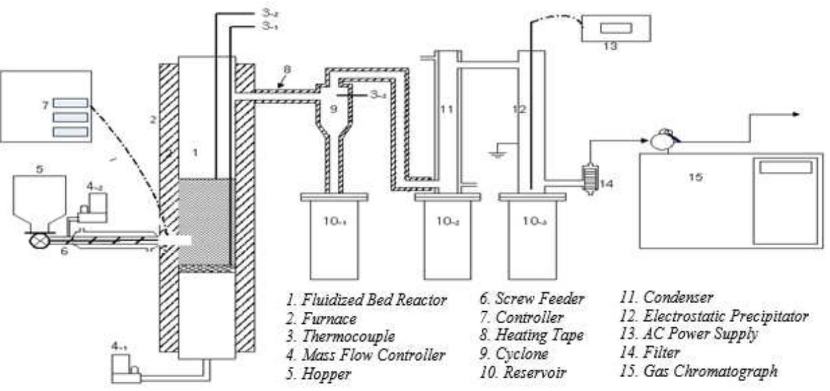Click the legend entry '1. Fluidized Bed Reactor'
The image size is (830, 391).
(367, 300)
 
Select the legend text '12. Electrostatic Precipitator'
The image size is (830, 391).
(714, 316)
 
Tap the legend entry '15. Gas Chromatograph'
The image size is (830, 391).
(698, 371)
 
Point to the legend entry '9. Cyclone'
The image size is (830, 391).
(514, 353)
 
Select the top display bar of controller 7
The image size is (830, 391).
(71, 103)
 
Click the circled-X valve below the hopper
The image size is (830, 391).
(40, 238)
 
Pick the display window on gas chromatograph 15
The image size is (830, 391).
(785, 167)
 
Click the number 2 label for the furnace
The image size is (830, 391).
(153, 120)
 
